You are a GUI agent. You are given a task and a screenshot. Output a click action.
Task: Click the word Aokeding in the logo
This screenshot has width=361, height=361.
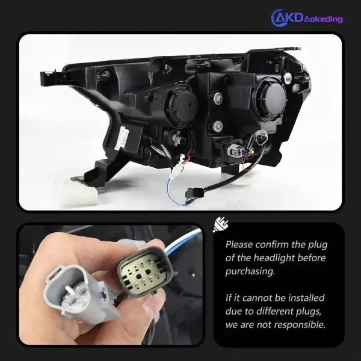pyautogui.click(x=323, y=19)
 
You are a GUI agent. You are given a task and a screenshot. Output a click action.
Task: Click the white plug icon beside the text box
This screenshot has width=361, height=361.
pyautogui.click(x=221, y=224)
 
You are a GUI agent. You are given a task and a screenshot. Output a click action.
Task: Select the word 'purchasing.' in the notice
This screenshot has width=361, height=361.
pyautogui.click(x=250, y=271)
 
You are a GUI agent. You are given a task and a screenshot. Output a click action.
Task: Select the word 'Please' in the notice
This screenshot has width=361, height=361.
pyautogui.click(x=239, y=244)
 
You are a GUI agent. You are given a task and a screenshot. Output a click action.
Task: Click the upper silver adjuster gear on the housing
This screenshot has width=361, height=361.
pyautogui.click(x=218, y=97)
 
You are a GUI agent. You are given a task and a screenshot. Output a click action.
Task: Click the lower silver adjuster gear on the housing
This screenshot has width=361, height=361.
pyautogui.click(x=217, y=126)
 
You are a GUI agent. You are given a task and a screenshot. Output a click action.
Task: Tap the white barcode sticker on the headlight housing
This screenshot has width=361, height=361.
pyautogui.click(x=123, y=138)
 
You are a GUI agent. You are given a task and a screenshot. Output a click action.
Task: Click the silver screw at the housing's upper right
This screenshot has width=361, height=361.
pyautogui.click(x=288, y=78)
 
